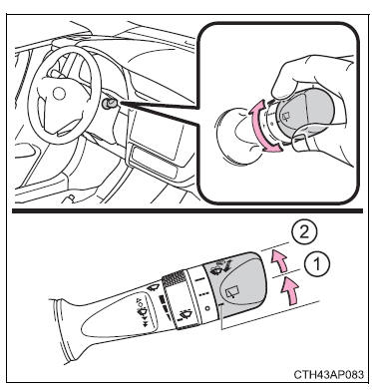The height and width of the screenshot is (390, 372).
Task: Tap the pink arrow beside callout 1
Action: [288, 291]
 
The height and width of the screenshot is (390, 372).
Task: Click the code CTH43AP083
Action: [328, 375]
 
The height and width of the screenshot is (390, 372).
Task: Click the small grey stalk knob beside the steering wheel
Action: [110, 104]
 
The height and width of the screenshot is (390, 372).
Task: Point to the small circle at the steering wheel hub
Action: [59, 94]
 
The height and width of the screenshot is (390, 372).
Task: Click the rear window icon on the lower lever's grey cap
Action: [230, 293]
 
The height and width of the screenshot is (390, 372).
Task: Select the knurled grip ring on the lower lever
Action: [173, 276]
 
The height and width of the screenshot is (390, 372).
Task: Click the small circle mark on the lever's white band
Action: [206, 308]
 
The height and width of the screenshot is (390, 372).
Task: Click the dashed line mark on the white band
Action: [203, 294]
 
